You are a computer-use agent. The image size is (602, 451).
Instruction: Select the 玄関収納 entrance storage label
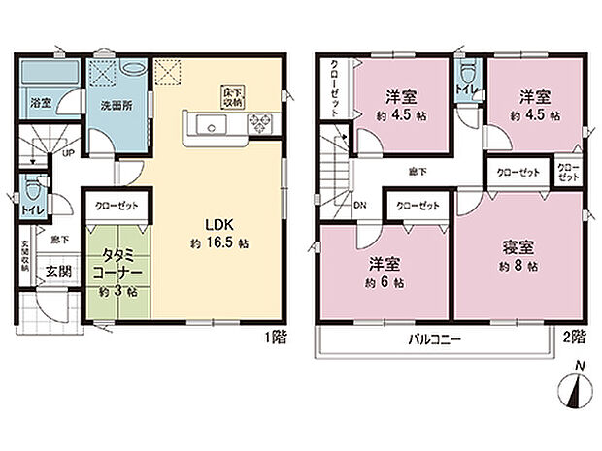pos(25,258)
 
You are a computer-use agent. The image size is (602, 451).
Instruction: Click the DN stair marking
pos(358,206)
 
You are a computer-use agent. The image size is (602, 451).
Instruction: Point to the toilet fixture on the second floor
pos(467,74)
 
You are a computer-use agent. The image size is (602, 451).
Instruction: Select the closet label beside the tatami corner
pos(115,206)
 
